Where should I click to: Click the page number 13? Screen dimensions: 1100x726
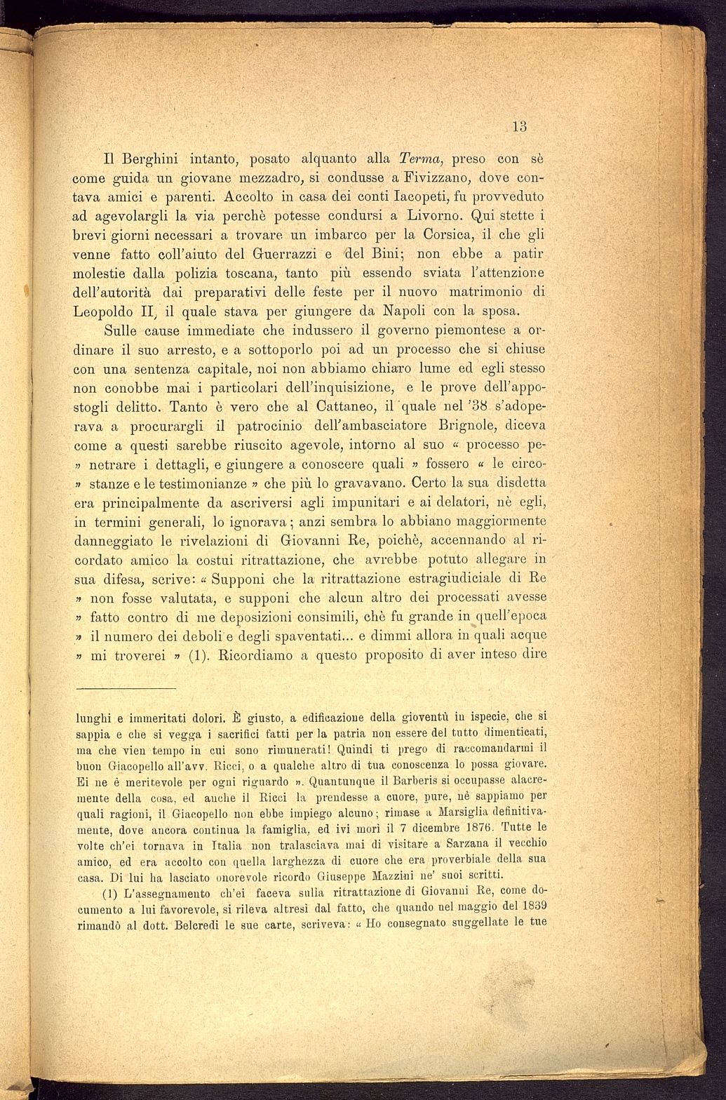pyautogui.click(x=519, y=127)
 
